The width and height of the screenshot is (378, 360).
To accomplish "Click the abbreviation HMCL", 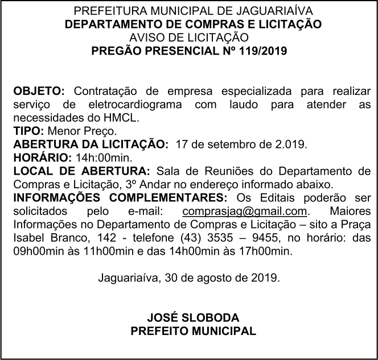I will tap(124, 118).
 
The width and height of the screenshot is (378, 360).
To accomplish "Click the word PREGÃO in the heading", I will tap(117, 51).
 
